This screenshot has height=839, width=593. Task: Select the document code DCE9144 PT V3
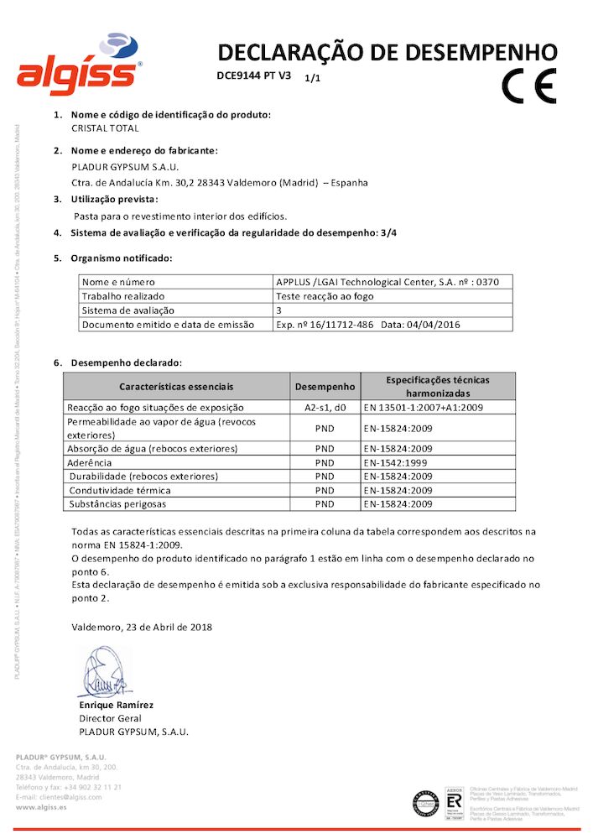(252, 76)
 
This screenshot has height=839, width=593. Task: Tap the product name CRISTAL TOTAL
(105, 128)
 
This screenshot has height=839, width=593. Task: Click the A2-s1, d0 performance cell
(325, 407)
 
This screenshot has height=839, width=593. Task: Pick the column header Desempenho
(325, 387)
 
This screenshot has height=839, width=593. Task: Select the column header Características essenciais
(176, 387)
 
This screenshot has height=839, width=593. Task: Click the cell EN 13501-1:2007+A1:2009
(424, 407)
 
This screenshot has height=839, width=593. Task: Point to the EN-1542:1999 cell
(397, 462)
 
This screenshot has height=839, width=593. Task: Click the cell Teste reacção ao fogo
(325, 296)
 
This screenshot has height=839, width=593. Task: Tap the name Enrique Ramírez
(116, 705)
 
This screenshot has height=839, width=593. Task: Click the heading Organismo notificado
(121, 258)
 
